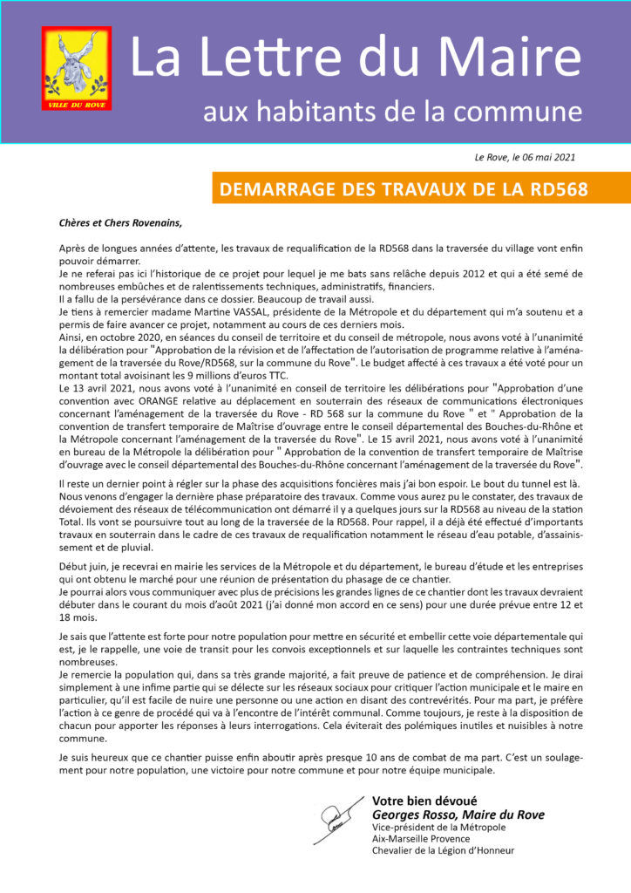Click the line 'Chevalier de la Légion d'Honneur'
443,850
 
